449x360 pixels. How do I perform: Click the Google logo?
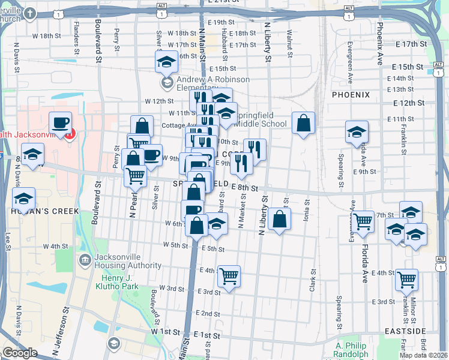click(x=20, y=353)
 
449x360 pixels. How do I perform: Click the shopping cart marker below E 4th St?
click(x=229, y=277)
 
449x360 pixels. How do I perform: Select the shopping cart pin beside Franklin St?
click(x=407, y=279)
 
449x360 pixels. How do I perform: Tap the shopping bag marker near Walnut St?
click(x=304, y=123)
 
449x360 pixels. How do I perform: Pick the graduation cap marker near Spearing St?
click(x=357, y=132)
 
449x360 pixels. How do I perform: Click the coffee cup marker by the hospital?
click(x=60, y=123)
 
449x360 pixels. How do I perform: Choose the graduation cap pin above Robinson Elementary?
click(x=166, y=61)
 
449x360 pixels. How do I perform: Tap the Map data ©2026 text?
click(x=424, y=355)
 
